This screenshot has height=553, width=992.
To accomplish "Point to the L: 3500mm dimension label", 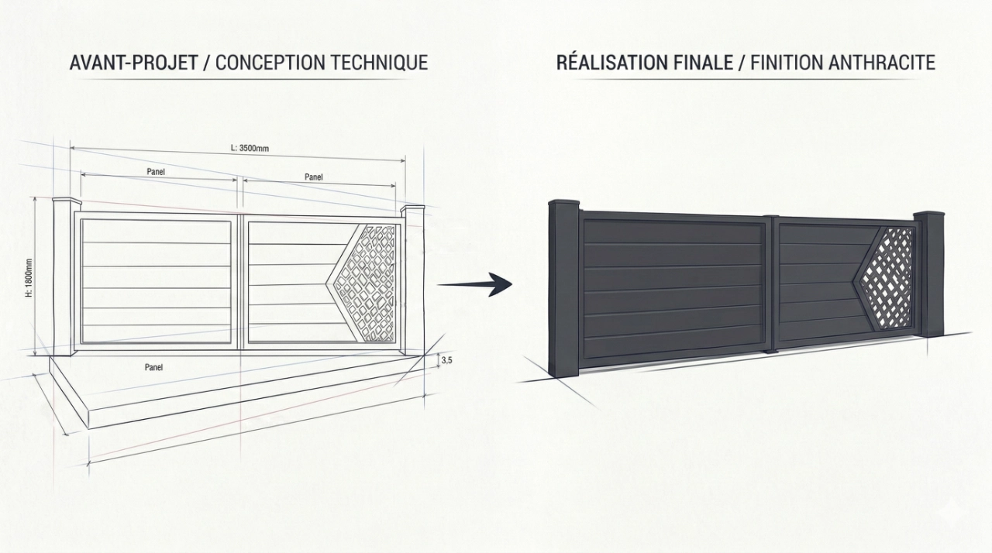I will pyautogui.click(x=249, y=148).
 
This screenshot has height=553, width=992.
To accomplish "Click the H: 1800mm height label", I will pyautogui.click(x=29, y=277).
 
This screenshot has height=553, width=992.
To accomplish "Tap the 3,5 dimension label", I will pyautogui.click(x=446, y=360).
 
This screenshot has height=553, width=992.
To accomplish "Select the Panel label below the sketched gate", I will pyautogui.click(x=153, y=366).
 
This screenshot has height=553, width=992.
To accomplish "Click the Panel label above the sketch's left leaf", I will pyautogui.click(x=155, y=171).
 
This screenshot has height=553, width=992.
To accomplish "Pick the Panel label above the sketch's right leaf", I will pyautogui.click(x=313, y=177).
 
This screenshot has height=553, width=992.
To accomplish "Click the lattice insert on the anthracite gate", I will pyautogui.click(x=887, y=277).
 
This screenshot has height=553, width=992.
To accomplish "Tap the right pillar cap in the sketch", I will pyautogui.click(x=412, y=209).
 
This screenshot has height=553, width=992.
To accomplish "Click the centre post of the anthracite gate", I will pyautogui.click(x=770, y=284).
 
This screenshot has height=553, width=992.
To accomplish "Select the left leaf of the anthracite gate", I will pyautogui.click(x=672, y=289).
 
